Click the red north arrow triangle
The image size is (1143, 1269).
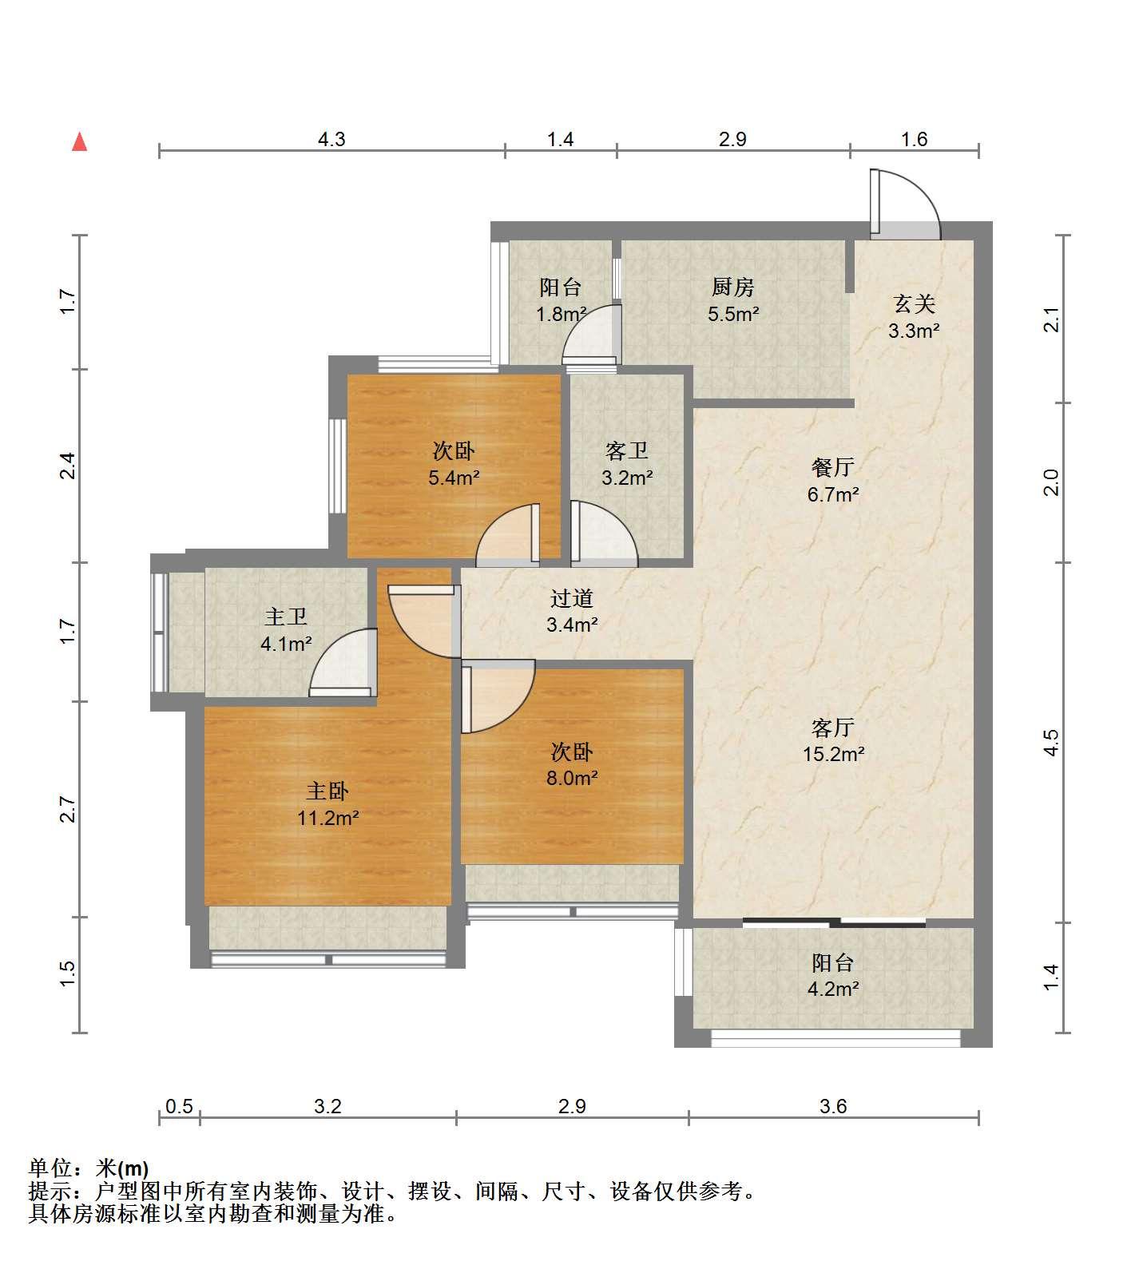[79, 142]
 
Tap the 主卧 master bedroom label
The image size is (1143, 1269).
[327, 791]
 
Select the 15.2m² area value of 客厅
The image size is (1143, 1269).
[833, 754]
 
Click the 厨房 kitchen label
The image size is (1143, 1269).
[732, 287]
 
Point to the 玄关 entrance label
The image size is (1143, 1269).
[914, 303]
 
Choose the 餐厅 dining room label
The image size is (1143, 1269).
[832, 467]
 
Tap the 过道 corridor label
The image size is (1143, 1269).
[572, 598]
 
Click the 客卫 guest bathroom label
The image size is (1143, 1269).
[626, 451]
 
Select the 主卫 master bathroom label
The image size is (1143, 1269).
[286, 617]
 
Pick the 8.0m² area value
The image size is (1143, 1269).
[572, 778]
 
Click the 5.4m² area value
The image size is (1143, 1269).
[454, 478]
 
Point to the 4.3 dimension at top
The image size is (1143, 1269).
[331, 140]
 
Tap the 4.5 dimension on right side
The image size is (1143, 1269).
[1052, 743]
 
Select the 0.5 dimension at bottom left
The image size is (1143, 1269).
[179, 1106]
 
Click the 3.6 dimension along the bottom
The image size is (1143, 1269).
[833, 1106]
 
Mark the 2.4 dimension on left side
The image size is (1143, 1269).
[69, 466]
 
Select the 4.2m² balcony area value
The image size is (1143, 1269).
[833, 989]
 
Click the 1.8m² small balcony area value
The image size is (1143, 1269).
[562, 314]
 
